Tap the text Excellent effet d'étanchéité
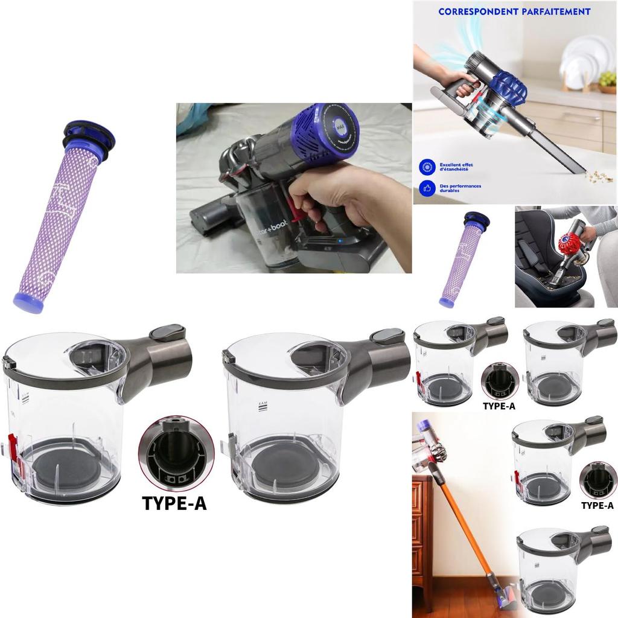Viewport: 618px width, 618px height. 456,167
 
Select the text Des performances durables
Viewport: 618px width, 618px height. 460,188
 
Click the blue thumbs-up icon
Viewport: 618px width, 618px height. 427,188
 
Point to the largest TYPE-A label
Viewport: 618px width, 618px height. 174,503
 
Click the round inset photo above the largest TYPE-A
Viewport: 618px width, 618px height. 176,453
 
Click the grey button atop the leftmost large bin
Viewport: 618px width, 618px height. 167,332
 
